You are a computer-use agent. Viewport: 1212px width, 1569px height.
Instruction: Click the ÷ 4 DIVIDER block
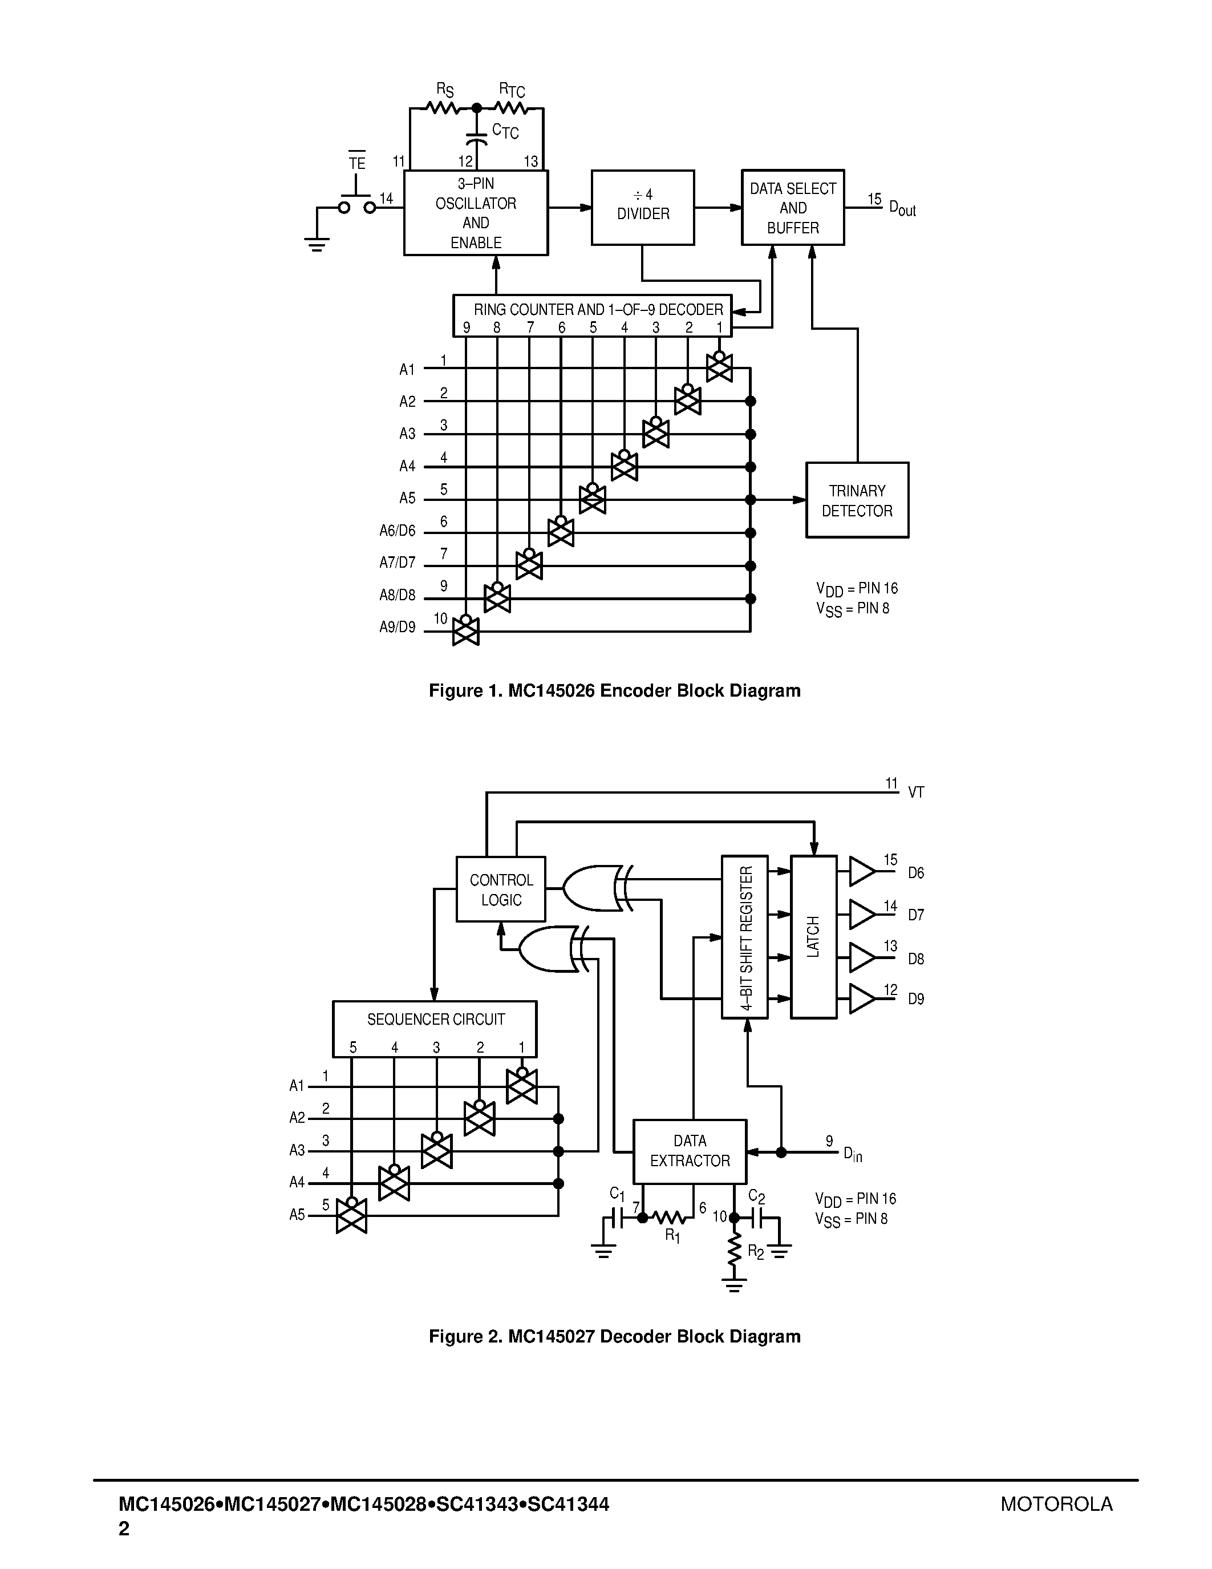point(643,208)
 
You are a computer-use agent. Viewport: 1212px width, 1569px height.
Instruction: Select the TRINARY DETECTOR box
point(857,500)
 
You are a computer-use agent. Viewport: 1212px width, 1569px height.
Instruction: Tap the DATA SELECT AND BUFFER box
point(793,208)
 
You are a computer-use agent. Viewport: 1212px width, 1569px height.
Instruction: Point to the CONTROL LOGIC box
point(500,889)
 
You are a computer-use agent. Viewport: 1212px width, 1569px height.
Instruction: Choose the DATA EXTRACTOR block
point(690,1151)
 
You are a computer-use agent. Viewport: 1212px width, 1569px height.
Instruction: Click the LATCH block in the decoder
point(813,937)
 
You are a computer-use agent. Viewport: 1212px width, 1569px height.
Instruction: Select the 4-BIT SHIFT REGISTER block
point(744,937)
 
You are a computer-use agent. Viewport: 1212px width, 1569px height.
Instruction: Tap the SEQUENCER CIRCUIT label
point(435,1020)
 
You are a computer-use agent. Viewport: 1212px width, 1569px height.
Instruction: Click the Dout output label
point(902,208)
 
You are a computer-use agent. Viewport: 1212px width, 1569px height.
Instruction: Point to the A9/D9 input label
point(397,627)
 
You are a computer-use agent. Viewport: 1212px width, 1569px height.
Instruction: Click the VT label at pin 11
point(915,792)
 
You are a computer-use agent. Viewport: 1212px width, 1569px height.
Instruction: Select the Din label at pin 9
point(852,1154)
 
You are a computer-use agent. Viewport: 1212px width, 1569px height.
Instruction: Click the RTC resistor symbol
point(510,108)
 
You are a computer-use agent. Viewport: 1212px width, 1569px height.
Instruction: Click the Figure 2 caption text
point(614,1336)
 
